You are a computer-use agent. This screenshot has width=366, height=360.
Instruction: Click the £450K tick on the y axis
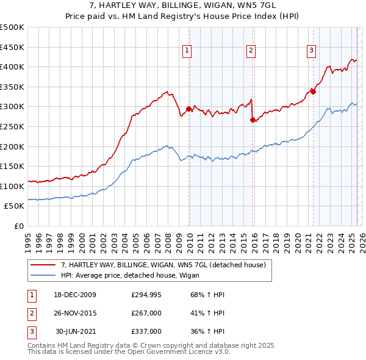(x=12, y=47)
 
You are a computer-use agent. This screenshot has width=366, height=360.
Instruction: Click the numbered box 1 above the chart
(x=186, y=51)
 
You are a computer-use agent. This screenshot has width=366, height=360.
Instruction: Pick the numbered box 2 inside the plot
(x=251, y=51)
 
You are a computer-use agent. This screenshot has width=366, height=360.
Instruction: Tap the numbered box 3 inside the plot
(x=311, y=51)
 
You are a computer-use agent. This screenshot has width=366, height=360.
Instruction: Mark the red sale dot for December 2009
(x=188, y=109)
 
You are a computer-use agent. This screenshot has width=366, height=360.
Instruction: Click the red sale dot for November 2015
(x=253, y=120)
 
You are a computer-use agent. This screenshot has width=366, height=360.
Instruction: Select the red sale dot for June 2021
(x=313, y=92)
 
